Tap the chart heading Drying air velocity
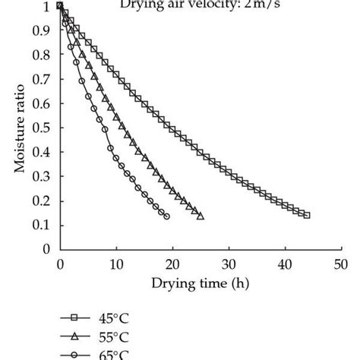(x=200, y=6)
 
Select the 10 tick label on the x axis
(x=115, y=264)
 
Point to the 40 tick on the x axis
(x=284, y=264)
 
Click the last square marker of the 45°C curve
(x=307, y=215)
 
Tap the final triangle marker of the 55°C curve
(x=201, y=216)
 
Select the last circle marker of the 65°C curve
(x=167, y=216)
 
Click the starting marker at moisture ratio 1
(x=60, y=6)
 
